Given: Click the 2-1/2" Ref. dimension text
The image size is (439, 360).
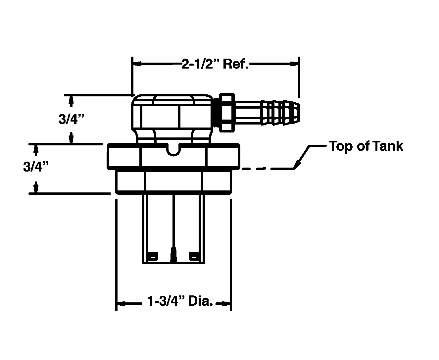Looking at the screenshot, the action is click(215, 64).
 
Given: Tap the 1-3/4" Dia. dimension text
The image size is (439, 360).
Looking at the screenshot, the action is click(180, 301).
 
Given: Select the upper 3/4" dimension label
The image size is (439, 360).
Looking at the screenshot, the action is click(71, 119).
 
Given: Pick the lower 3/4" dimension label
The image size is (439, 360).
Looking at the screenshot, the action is click(36, 167).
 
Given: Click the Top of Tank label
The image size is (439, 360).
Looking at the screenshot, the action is click(366, 146).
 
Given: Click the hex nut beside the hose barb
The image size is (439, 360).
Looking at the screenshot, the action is click(227, 113).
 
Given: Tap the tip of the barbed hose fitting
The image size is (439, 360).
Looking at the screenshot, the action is click(299, 112).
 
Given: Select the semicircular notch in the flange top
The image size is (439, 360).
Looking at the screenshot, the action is click(173, 150).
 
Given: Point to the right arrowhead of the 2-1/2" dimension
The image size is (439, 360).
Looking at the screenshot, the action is click(294, 64).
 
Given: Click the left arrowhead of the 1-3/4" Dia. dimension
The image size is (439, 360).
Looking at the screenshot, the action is click(121, 304).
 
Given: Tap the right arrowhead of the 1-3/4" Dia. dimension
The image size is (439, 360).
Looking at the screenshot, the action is click(226, 304).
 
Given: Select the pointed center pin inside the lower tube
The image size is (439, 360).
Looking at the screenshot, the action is click(173, 255).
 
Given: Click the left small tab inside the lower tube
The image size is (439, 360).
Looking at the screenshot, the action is click(153, 256).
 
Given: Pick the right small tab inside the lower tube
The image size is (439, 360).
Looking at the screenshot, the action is click(194, 256).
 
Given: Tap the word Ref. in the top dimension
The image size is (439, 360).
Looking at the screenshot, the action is click(235, 64).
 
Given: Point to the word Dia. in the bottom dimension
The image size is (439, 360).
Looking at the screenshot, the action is click(201, 301).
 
